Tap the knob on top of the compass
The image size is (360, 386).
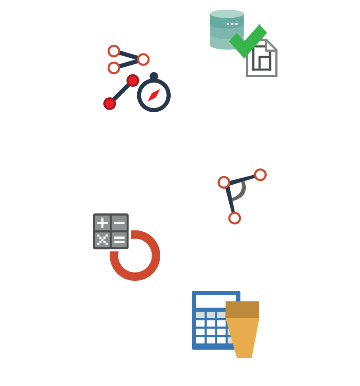click(x=154, y=76)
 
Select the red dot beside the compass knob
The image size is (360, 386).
click(x=133, y=80)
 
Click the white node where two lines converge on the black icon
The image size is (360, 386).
click(x=143, y=60)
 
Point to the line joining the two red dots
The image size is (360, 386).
click(x=121, y=92)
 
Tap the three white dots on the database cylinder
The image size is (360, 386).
click(x=232, y=23)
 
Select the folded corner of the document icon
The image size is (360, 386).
click(x=271, y=45)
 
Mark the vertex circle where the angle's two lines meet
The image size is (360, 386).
click(x=224, y=182)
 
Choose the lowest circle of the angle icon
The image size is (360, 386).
click(x=234, y=218)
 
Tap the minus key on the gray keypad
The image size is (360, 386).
click(x=119, y=223)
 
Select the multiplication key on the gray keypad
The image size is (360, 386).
click(x=102, y=240)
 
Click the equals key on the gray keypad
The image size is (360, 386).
click(x=119, y=240)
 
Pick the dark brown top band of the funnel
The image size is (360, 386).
click(x=242, y=309)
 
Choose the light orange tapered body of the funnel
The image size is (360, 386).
click(x=244, y=337)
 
